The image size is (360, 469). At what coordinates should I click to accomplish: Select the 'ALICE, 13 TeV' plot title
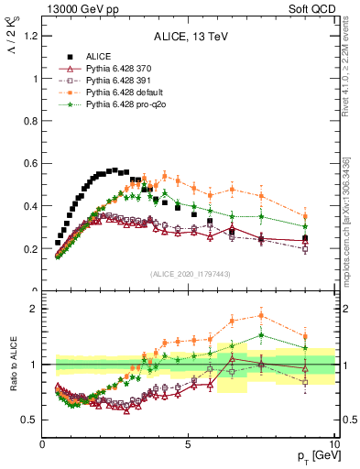click(189, 38)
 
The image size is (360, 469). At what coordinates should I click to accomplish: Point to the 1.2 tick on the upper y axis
click(31, 36)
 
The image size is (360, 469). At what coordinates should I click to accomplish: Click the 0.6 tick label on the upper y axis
click(31, 163)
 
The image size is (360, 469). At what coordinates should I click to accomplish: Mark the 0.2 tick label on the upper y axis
click(31, 248)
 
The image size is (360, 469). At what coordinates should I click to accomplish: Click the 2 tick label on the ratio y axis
click(35, 309)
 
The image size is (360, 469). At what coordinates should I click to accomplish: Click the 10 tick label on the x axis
click(333, 443)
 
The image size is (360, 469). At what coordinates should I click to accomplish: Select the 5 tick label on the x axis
click(188, 443)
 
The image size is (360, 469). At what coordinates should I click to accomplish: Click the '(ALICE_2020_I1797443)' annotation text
click(189, 274)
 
